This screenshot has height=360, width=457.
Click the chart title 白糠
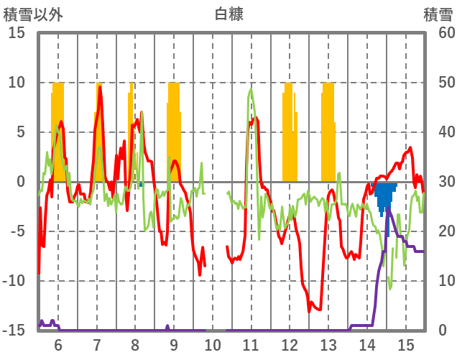(x=228, y=14)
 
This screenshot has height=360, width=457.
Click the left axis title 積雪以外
(x=32, y=14)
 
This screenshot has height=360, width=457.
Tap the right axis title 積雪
(x=437, y=14)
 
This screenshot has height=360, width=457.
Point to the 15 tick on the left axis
(x=16, y=33)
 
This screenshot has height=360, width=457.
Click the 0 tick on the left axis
(x=20, y=182)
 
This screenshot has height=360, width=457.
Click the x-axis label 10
(x=213, y=344)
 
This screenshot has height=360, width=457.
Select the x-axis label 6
(x=58, y=344)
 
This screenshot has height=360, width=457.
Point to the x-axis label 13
(x=328, y=344)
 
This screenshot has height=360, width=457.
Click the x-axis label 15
(x=406, y=344)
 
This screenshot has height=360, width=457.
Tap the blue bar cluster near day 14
(x=384, y=194)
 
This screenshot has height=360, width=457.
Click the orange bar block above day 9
(x=174, y=129)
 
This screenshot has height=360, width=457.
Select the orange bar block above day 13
(x=328, y=133)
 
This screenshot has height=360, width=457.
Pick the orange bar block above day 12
(x=289, y=133)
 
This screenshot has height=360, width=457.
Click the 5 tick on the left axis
(x=20, y=132)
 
